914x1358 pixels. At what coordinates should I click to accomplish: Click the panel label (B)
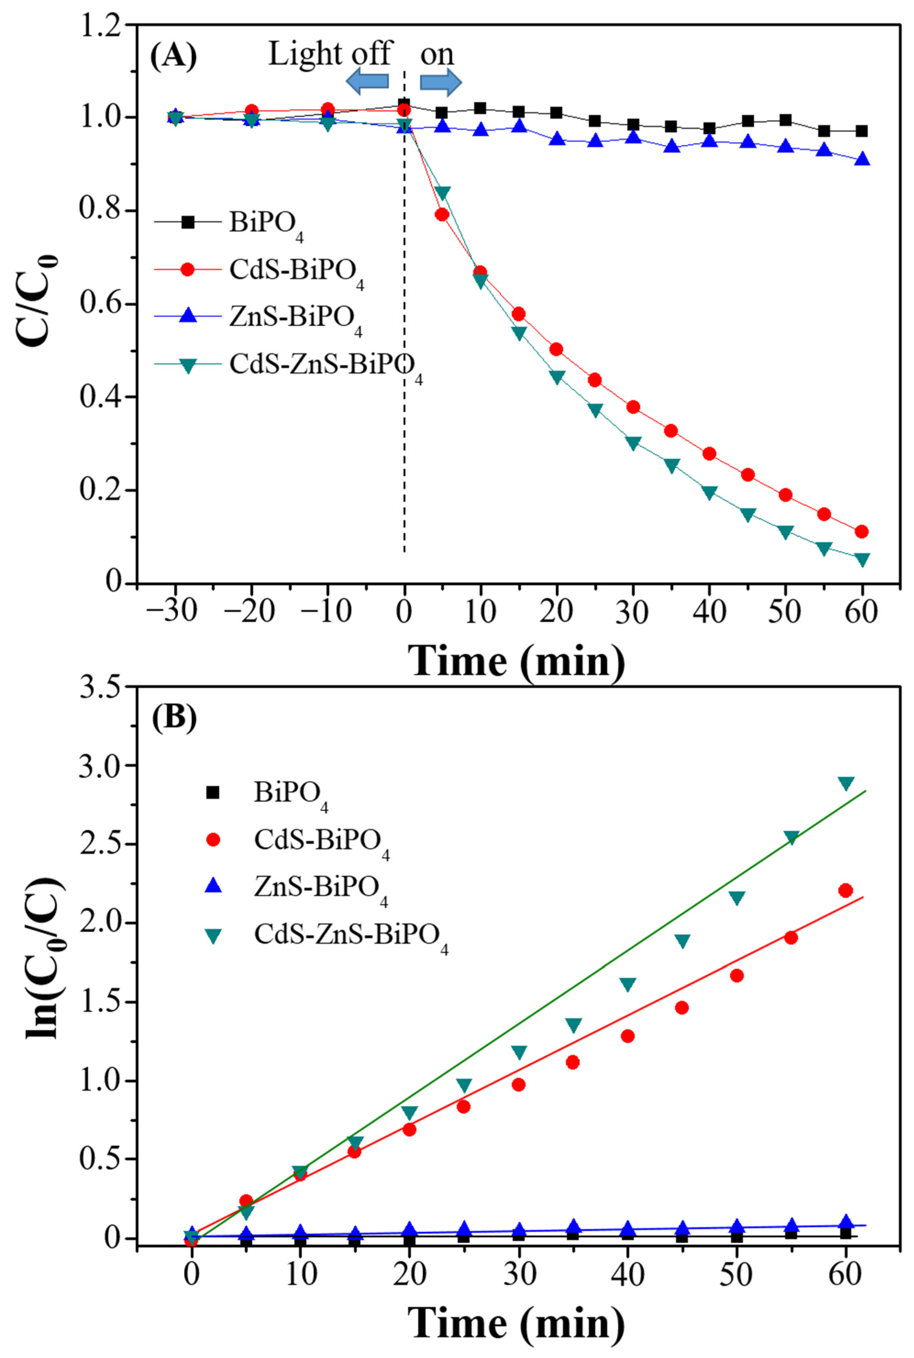174,718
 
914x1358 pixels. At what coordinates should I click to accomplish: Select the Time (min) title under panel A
516,660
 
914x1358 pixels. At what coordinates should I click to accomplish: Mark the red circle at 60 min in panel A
861,531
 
